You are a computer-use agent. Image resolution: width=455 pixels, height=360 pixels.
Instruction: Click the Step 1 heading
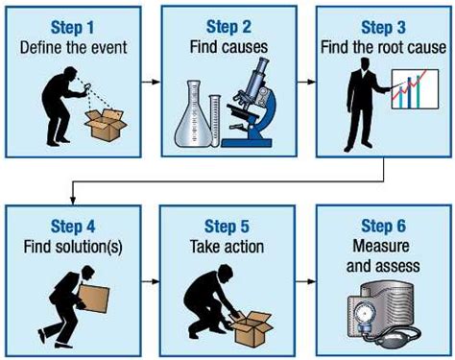(72, 27)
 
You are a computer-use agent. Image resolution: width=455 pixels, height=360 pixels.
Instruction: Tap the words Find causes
(228, 47)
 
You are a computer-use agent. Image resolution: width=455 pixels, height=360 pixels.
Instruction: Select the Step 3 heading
(383, 27)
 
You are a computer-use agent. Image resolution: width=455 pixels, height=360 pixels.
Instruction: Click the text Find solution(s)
(73, 247)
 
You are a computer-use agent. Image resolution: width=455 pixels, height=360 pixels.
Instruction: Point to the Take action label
(227, 247)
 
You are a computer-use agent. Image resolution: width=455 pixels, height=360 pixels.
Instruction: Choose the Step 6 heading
(383, 226)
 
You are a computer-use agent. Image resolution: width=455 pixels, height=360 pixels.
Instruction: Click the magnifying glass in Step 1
(87, 87)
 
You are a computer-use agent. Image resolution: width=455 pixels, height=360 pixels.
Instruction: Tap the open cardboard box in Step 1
(106, 125)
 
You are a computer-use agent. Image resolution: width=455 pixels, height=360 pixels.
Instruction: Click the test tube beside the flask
(215, 121)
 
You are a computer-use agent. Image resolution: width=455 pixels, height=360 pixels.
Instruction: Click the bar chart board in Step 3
(415, 89)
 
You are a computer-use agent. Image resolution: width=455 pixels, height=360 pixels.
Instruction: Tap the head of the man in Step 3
(364, 64)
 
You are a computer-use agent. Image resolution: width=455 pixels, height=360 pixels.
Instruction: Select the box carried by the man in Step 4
(94, 300)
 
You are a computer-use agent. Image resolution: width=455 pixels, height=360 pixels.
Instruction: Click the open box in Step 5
(251, 329)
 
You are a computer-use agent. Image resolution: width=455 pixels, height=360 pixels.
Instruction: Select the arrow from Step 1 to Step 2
(151, 82)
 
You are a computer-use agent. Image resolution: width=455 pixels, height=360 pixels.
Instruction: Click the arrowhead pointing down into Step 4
(73, 200)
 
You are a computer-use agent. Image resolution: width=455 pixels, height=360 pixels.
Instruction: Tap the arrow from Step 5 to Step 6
(305, 281)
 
